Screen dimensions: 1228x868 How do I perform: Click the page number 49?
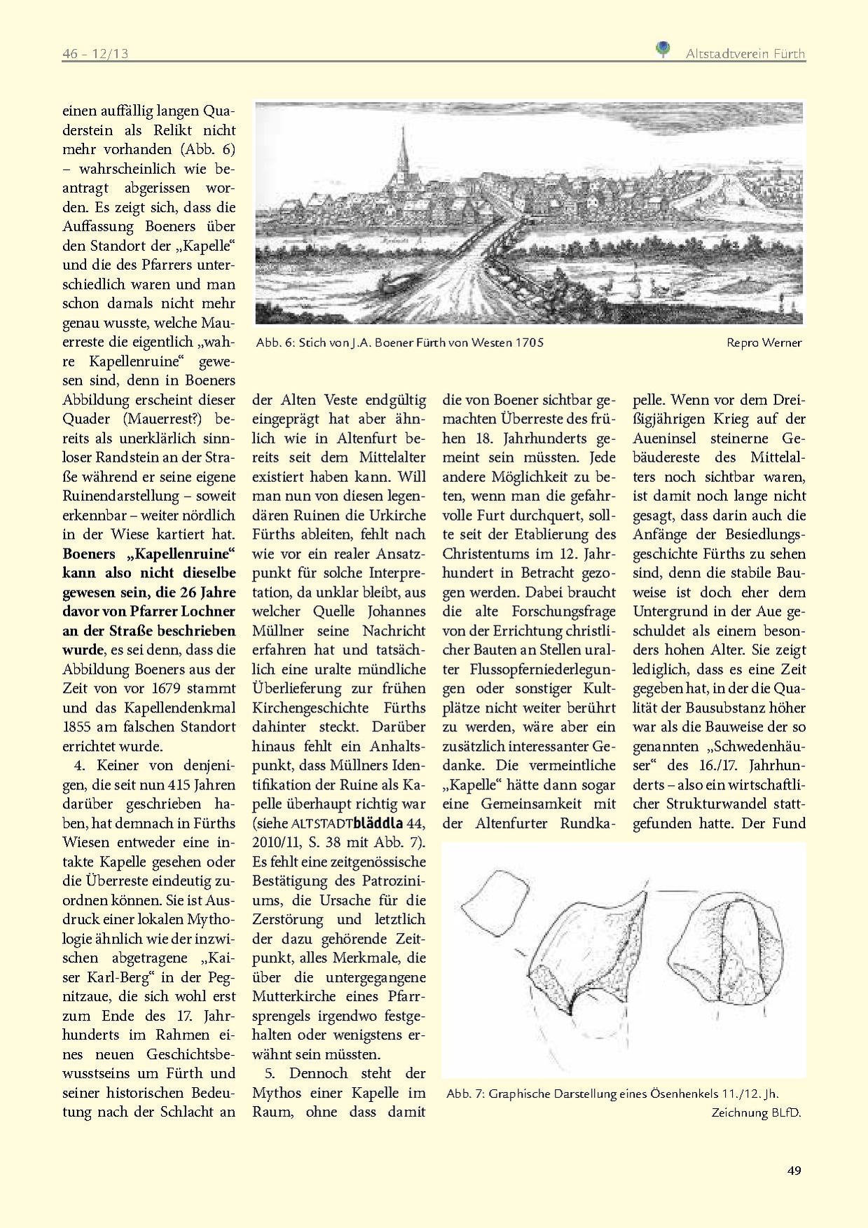[794, 1171]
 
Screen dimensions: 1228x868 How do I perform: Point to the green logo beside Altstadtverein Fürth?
[662, 49]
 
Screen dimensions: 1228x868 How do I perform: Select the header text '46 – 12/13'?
[95, 54]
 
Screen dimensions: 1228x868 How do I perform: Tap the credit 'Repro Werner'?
[764, 343]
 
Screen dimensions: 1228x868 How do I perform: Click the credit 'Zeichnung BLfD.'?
[756, 1112]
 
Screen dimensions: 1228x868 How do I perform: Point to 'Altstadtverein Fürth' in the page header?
[745, 54]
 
